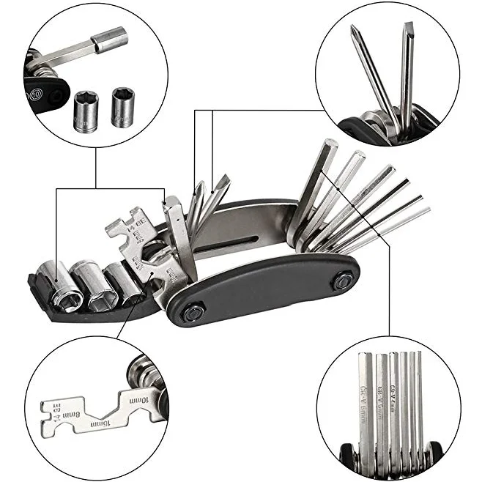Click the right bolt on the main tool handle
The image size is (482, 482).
pyautogui.click(x=341, y=279)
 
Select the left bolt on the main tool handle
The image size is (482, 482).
pyautogui.click(x=192, y=313)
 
